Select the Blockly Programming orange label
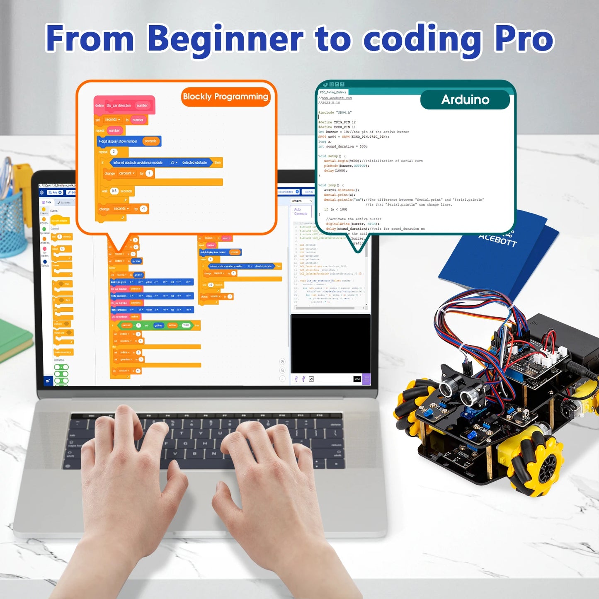click(x=226, y=97)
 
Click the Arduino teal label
click(x=465, y=100)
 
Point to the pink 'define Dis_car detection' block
click(x=124, y=105)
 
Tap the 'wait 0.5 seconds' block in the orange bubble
click(x=117, y=191)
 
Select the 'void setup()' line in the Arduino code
click(x=332, y=156)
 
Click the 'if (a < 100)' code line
click(x=335, y=209)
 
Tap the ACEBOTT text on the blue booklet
click(x=497, y=239)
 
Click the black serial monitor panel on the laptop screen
click(x=330, y=344)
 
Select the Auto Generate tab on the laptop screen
click(x=301, y=211)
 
